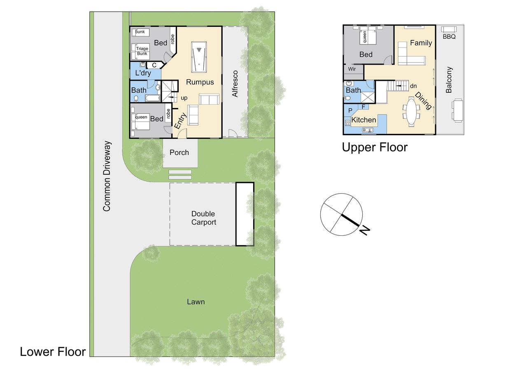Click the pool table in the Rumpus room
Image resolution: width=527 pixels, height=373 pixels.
[199, 57]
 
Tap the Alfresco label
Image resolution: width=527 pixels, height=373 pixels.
[235, 84]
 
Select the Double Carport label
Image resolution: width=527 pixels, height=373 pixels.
[203, 218]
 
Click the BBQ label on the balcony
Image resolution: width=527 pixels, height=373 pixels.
[449, 37]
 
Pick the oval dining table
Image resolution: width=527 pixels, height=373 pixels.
[411, 111]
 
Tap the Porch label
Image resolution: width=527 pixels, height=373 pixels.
[179, 152]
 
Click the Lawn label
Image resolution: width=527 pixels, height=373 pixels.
[196, 302]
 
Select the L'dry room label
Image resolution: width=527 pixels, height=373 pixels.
[143, 73]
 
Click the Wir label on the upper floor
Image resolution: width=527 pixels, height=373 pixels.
[352, 69]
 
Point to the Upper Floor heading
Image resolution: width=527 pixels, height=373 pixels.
[375, 148]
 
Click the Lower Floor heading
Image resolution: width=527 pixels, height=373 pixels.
[53, 352]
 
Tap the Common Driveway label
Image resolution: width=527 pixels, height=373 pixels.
[107, 176]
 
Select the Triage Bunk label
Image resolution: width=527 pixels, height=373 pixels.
[142, 51]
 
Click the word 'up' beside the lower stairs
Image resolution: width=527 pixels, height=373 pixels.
[184, 98]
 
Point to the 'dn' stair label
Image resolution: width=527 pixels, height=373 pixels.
[413, 86]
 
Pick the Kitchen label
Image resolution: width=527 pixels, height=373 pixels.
[364, 120]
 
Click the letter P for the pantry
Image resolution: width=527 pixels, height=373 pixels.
[350, 110]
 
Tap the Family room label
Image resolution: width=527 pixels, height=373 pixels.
[421, 43]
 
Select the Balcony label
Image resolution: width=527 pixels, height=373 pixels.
[449, 80]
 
